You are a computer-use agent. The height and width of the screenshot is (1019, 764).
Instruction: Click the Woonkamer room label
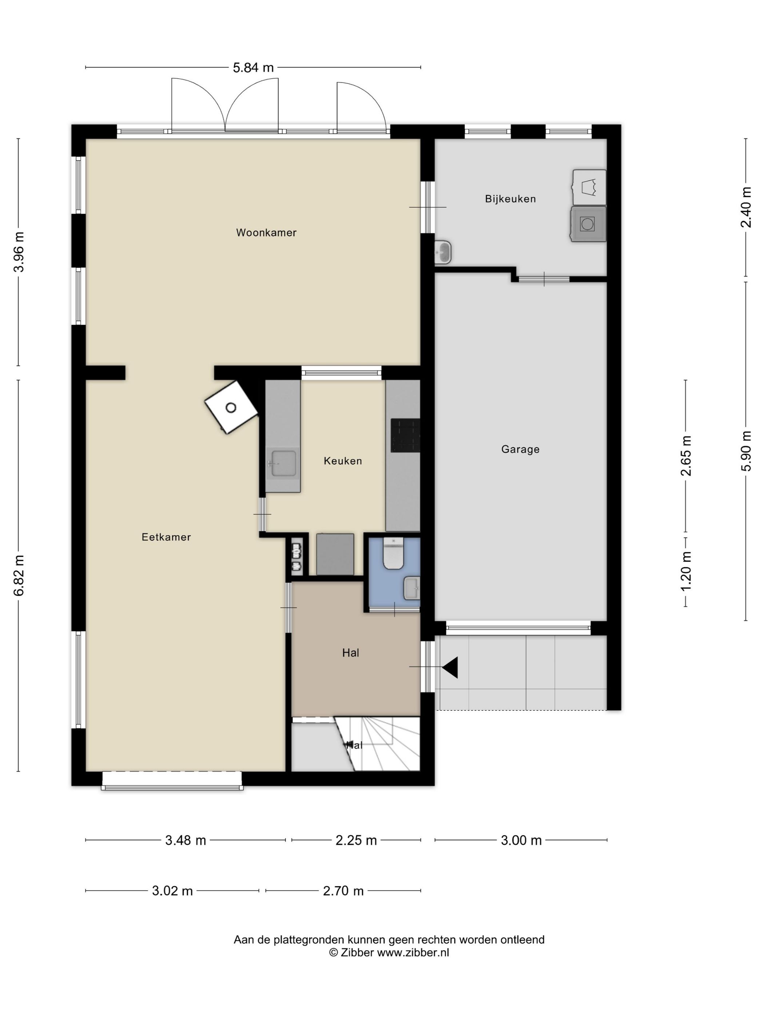click(x=266, y=233)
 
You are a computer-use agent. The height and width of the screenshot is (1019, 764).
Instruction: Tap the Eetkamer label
click(x=166, y=537)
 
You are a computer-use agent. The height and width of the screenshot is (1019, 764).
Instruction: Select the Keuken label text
click(x=343, y=461)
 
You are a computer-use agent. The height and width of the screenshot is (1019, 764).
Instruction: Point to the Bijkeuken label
click(x=510, y=199)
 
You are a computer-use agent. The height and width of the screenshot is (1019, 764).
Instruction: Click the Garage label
click(x=520, y=449)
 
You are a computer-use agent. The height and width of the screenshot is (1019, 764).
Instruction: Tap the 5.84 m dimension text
click(x=253, y=68)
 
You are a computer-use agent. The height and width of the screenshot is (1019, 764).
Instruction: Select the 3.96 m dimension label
click(x=19, y=252)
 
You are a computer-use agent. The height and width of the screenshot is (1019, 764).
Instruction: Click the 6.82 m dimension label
click(x=19, y=575)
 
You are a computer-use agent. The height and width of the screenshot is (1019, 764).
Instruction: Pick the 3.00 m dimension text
click(x=521, y=840)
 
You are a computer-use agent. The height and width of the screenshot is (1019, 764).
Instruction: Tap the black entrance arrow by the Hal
click(x=450, y=667)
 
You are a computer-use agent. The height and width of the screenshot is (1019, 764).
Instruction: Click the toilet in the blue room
click(x=393, y=553)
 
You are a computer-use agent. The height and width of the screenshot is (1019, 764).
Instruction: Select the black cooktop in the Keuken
click(x=405, y=435)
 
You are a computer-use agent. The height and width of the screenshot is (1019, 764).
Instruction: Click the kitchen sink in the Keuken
click(x=283, y=463)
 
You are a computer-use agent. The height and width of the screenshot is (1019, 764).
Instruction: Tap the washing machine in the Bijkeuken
click(x=588, y=224)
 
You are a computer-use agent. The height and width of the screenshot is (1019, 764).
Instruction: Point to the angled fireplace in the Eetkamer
click(x=231, y=407)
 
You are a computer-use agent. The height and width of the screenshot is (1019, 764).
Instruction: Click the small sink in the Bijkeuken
click(x=443, y=253)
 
